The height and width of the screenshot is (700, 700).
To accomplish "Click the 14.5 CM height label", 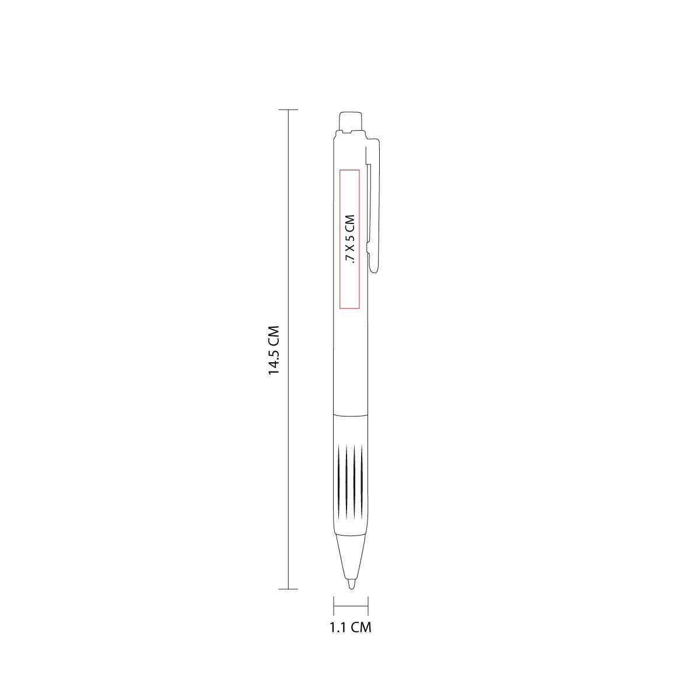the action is coord(273,350).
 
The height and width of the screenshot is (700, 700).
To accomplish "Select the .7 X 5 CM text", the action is coord(350,239).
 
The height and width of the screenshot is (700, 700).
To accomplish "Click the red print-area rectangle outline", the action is coord(339,239).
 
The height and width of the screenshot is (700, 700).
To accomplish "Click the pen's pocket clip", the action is coord(374,204).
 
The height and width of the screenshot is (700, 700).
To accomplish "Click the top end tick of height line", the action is coord(288,109).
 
